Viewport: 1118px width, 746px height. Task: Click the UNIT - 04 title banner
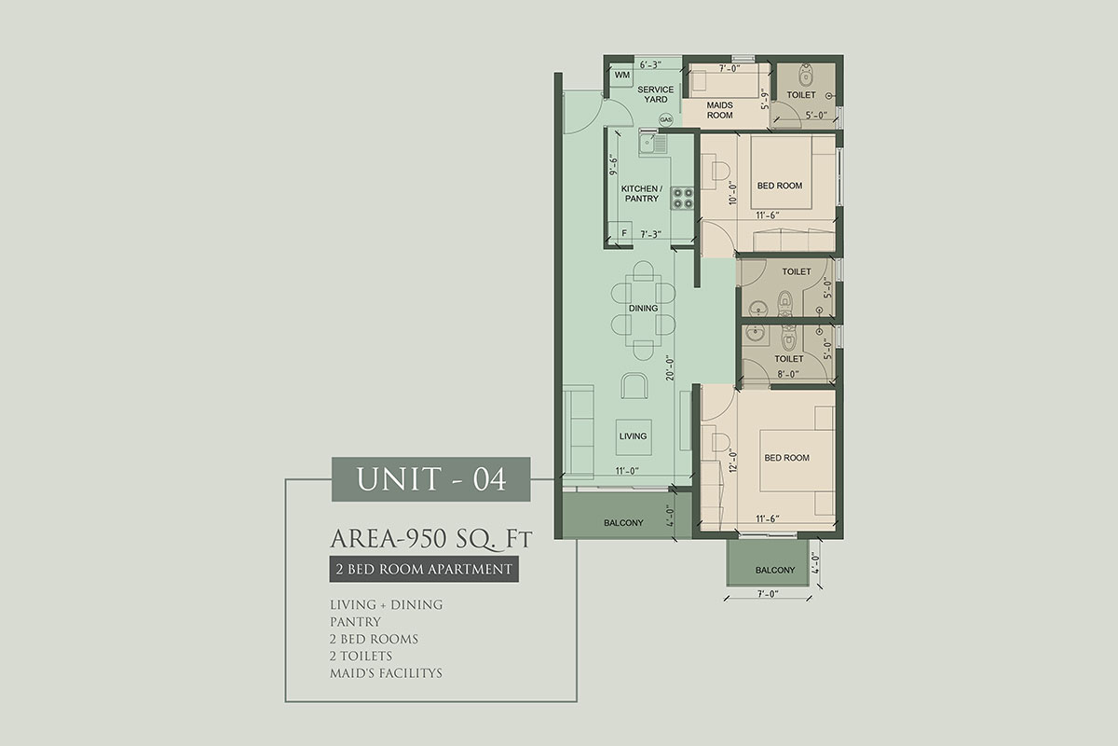(430, 478)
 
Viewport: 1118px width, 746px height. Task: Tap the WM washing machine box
(622, 76)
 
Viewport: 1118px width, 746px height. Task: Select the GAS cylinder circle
(666, 120)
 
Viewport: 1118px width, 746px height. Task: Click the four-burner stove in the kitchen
(682, 198)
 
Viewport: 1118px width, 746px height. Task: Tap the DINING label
(643, 309)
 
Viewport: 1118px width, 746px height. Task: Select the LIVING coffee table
(634, 436)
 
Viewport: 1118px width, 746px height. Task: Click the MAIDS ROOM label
(719, 110)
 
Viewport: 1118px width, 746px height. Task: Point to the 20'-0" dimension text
(670, 368)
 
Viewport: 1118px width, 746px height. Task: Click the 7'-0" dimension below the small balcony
(768, 594)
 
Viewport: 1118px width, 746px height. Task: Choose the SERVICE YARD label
(655, 94)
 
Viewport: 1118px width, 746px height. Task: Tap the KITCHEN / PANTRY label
(642, 193)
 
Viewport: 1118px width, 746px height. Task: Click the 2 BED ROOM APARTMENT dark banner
(424, 569)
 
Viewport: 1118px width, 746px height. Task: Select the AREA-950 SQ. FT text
(431, 539)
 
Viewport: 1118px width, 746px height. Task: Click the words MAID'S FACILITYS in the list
(386, 673)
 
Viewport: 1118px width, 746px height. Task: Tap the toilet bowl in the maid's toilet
(805, 75)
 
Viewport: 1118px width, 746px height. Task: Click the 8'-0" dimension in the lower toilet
(787, 374)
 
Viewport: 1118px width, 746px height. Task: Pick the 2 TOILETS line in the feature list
(361, 656)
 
